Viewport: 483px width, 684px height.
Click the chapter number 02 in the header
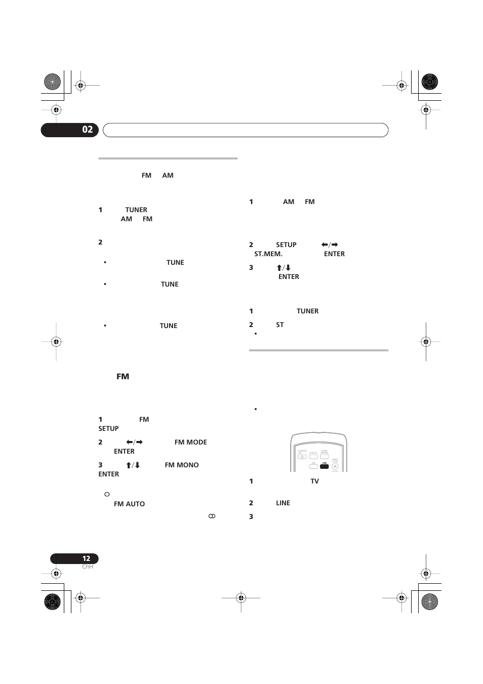(x=87, y=130)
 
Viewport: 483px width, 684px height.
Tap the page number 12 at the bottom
(x=86, y=558)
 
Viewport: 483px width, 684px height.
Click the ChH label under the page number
(x=88, y=567)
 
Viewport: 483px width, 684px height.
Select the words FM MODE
(x=190, y=442)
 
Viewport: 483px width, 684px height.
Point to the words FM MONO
(x=181, y=465)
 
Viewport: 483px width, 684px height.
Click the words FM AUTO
(x=129, y=504)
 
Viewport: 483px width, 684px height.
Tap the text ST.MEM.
(x=268, y=254)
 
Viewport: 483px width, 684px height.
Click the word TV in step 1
(x=314, y=481)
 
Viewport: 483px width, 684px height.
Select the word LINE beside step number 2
(x=283, y=503)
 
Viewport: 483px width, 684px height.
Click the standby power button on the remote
(x=302, y=457)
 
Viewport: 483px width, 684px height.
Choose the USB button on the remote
(x=313, y=466)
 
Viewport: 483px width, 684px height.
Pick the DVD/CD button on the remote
(x=313, y=457)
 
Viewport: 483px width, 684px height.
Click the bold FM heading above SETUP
(x=123, y=377)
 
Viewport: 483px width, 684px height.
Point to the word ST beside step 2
(x=280, y=325)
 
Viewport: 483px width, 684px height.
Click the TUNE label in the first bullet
(x=175, y=262)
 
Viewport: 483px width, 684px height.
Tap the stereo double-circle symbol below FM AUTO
(x=212, y=515)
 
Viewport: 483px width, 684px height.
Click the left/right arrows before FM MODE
(x=134, y=442)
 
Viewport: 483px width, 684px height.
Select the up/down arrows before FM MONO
(x=133, y=465)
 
